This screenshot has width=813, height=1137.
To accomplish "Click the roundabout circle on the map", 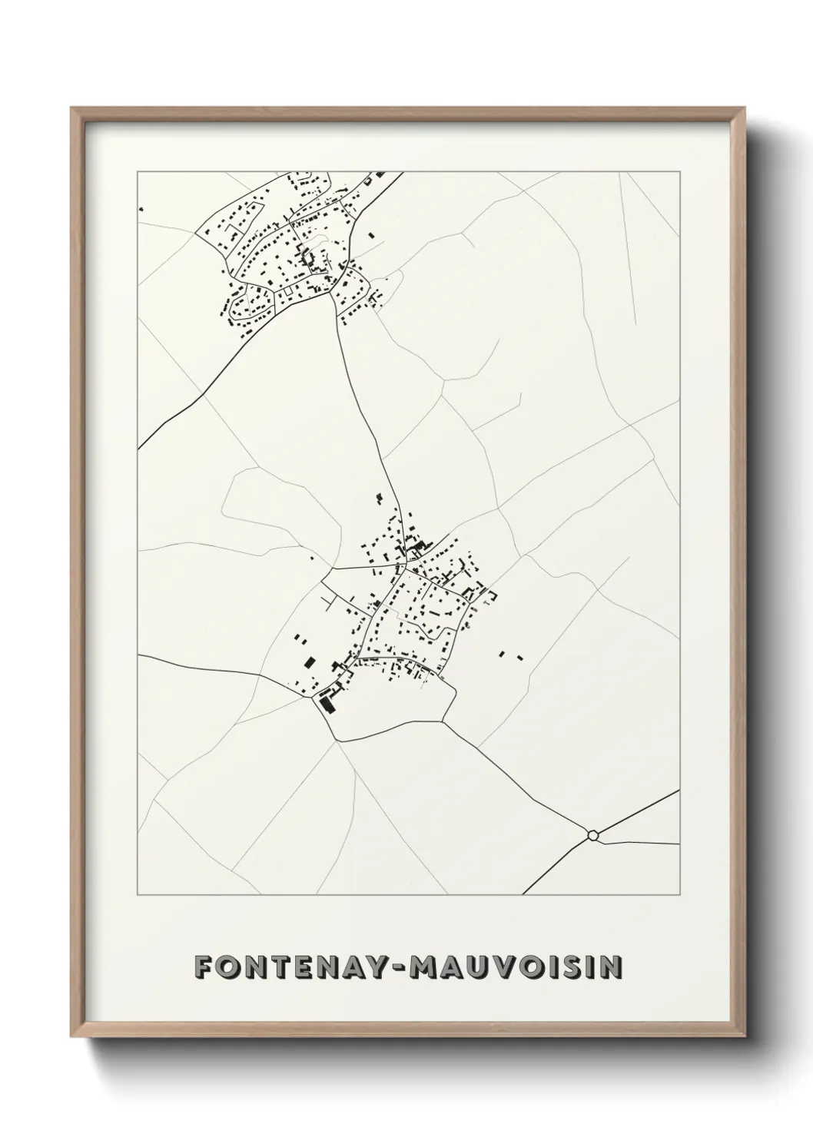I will pyautogui.click(x=592, y=834).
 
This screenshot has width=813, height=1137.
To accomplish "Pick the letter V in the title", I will pyautogui.click(x=500, y=967).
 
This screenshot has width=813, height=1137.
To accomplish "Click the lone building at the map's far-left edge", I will pyautogui.click(x=141, y=208).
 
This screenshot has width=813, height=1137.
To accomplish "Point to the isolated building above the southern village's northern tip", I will pyautogui.click(x=377, y=499).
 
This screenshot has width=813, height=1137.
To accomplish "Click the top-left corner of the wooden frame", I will pyautogui.click(x=71, y=108).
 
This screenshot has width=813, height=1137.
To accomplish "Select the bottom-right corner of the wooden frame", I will pyautogui.click(x=742, y=1036).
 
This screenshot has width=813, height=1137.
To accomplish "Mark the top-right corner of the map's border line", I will pyautogui.click(x=679, y=172).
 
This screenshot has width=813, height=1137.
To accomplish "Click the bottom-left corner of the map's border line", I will pyautogui.click(x=138, y=895).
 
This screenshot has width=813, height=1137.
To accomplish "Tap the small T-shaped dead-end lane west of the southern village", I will pyautogui.click(x=330, y=602).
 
